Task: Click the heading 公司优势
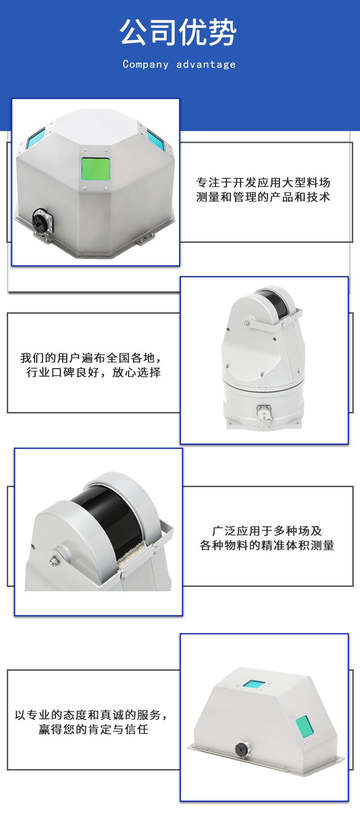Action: pos(178,32)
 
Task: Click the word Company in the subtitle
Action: pos(146,65)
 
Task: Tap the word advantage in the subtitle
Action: pos(206,65)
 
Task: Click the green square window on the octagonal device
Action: pos(95,169)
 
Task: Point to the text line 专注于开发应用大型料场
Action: pos(263,182)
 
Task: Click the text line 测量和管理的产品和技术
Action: pos(263,197)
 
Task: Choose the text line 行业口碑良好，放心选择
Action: pos(93,372)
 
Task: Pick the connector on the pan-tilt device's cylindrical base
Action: pos(265,412)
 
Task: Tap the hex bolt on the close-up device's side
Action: pos(54,561)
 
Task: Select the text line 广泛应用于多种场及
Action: pos(267,531)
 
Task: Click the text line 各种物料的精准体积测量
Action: pos(267,545)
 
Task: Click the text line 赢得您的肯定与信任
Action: pos(93,729)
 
